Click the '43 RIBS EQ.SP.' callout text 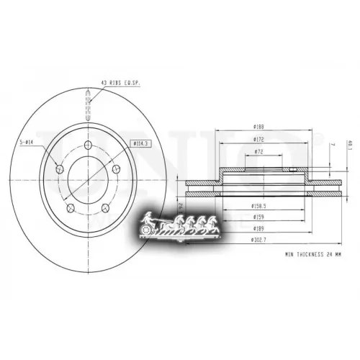click(120, 84)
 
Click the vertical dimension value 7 click(332, 145)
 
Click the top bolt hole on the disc click(88, 146)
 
